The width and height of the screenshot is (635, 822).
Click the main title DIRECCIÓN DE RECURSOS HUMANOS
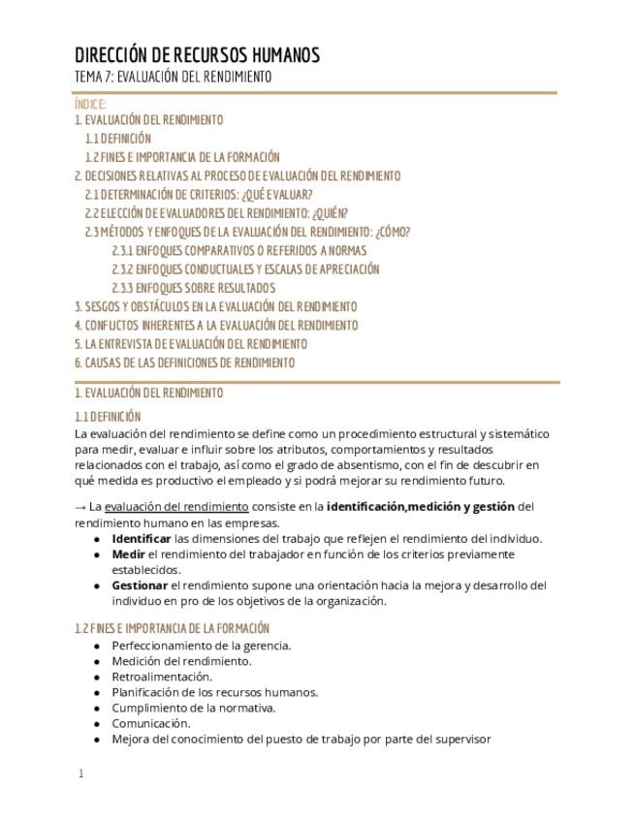[x=197, y=54]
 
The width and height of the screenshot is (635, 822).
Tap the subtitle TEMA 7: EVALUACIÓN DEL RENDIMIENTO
[x=173, y=77]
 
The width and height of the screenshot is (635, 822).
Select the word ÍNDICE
[x=90, y=104]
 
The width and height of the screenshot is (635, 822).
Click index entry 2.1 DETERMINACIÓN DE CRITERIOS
[x=199, y=195]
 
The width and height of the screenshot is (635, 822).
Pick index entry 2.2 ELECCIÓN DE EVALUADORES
[x=216, y=213]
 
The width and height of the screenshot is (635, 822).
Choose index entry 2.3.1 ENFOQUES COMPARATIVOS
[x=238, y=250]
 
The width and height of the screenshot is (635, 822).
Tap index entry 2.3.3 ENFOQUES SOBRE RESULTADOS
[x=193, y=288]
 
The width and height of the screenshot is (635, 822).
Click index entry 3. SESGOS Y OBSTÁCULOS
[x=215, y=306]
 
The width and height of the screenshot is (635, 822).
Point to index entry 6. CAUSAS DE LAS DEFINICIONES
[x=184, y=363]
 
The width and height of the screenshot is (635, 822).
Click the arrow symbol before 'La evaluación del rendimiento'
[x=80, y=507]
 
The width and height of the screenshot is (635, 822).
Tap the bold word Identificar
[x=142, y=539]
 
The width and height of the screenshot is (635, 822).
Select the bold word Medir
[x=128, y=554]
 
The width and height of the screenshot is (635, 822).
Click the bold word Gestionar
[x=140, y=585]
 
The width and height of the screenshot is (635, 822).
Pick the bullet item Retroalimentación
[x=162, y=677]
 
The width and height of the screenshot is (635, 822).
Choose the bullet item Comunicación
[x=150, y=723]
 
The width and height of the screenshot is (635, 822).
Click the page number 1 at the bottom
[x=81, y=774]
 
